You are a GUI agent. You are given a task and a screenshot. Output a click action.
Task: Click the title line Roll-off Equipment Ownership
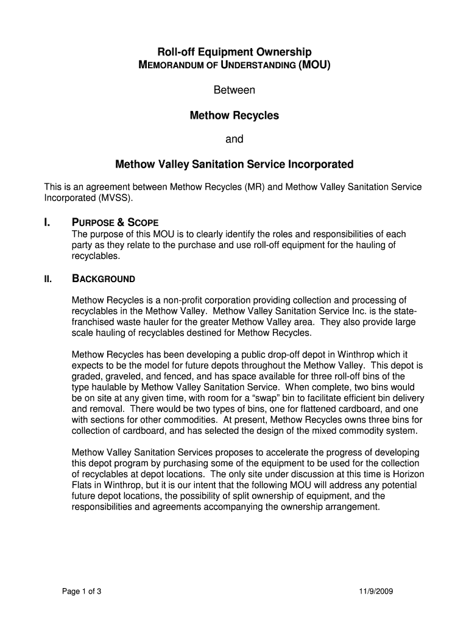tap(234, 52)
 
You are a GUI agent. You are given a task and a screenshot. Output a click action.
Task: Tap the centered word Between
tap(234, 90)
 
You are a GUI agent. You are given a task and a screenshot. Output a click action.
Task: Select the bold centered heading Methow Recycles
tap(234, 115)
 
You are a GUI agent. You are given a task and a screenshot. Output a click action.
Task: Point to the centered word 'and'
tap(234, 140)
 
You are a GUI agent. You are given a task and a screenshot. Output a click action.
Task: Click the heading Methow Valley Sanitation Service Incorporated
tap(234, 165)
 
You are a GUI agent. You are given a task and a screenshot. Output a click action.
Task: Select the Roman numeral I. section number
tap(48, 222)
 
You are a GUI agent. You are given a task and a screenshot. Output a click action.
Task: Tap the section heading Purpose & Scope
tap(116, 222)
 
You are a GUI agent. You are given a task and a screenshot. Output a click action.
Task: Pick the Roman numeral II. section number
tap(48, 280)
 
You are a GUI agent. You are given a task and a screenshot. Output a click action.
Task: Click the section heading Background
tap(104, 280)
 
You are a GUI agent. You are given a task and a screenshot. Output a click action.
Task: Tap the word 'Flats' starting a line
tap(83, 485)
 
